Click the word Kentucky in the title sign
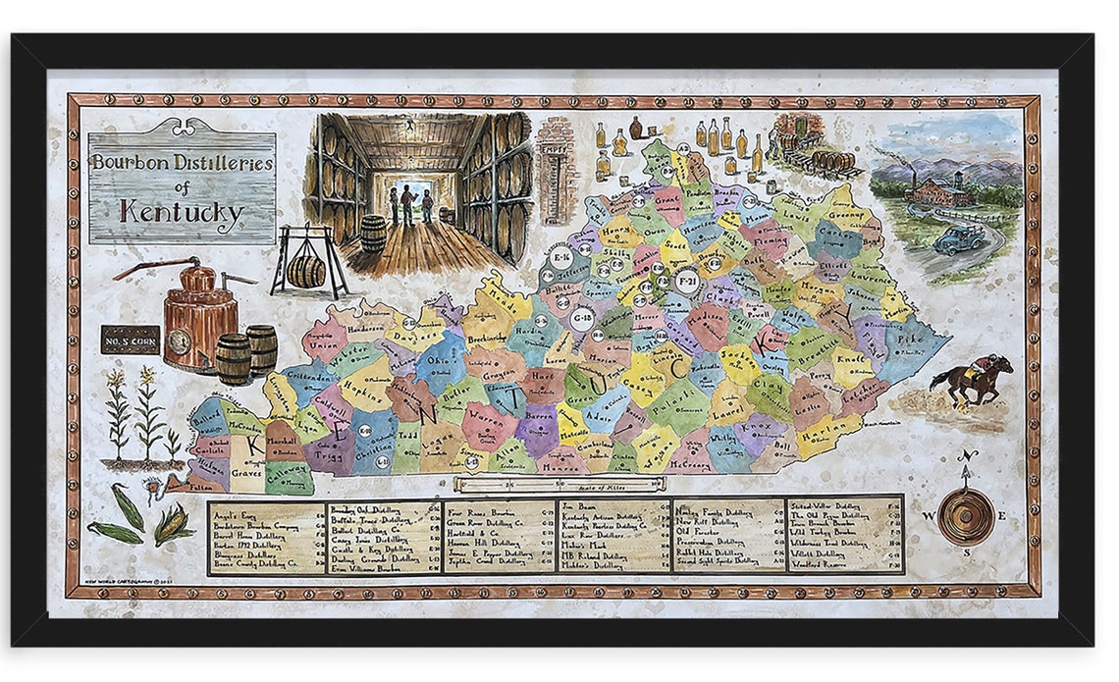[181, 210]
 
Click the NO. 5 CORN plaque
[130, 340]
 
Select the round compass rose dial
[965, 515]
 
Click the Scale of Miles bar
[559, 484]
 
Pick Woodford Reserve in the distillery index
[820, 564]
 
